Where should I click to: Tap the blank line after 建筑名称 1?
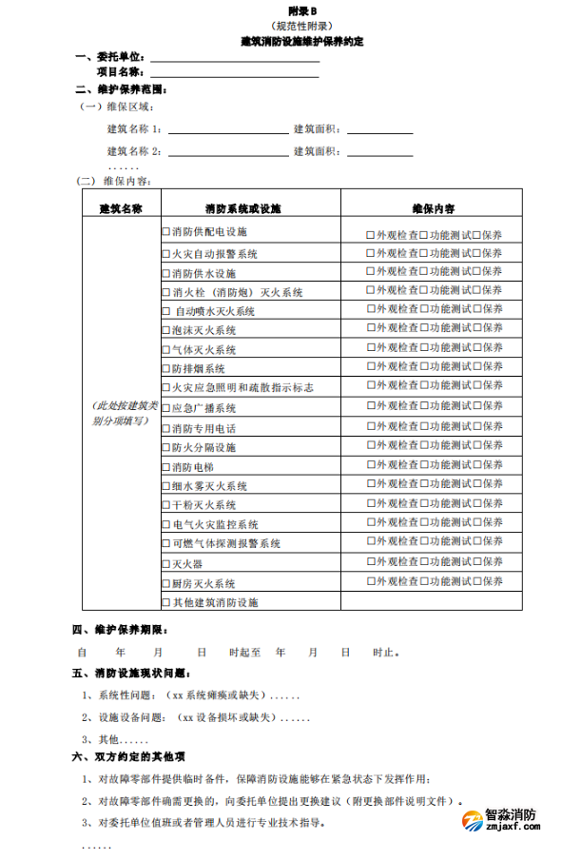(x=228, y=130)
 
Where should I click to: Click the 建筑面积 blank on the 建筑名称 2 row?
(x=379, y=152)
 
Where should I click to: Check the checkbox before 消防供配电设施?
(x=166, y=233)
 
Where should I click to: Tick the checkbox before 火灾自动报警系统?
(x=166, y=254)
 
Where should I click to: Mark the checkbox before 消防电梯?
(x=166, y=467)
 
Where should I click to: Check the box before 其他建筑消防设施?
(x=166, y=602)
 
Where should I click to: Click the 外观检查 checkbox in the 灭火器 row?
(x=371, y=563)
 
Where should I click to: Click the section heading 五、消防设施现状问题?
(x=138, y=674)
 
